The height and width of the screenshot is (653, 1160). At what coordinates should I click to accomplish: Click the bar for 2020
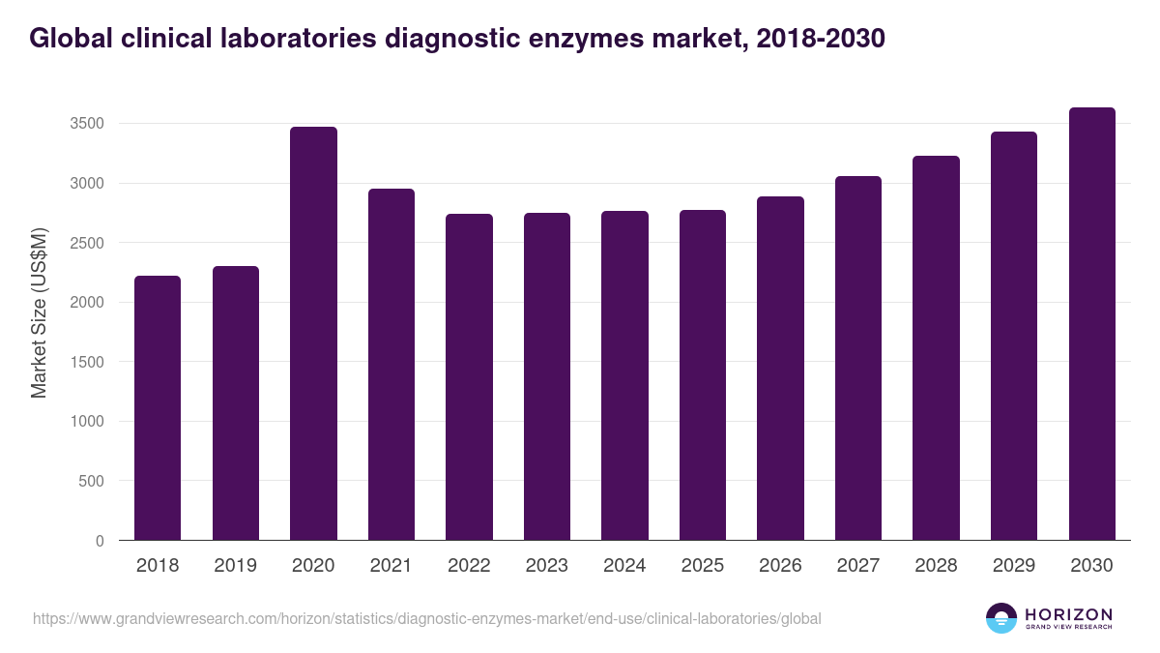(x=313, y=334)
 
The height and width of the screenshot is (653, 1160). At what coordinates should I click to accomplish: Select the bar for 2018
(x=158, y=408)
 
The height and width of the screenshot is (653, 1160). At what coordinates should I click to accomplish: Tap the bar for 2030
(x=1091, y=324)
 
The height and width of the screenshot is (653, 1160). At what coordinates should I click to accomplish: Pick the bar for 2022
(x=469, y=377)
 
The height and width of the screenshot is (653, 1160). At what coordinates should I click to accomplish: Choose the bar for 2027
(x=857, y=358)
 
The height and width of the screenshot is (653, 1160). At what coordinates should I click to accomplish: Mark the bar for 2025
(x=702, y=375)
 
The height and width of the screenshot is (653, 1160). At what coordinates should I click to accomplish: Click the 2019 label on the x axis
(x=235, y=566)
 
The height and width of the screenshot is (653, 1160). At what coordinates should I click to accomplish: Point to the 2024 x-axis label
(x=624, y=566)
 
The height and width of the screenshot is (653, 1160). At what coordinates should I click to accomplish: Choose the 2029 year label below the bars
(x=1013, y=566)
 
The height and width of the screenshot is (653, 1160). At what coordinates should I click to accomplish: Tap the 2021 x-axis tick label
(x=391, y=566)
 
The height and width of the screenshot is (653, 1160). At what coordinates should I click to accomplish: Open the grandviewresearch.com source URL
(x=426, y=618)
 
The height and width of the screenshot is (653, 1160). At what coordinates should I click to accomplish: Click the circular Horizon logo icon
(x=1001, y=618)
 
